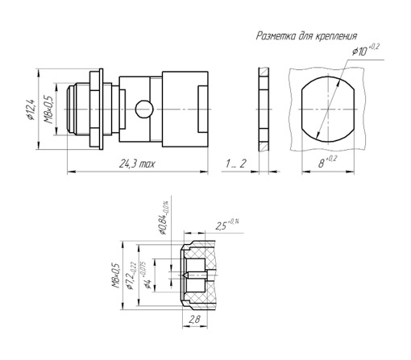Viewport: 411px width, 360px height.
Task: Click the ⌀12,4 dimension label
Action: click(x=31, y=110)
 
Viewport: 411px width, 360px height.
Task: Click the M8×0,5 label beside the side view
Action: click(x=49, y=110)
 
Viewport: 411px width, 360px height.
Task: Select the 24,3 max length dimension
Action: click(x=137, y=163)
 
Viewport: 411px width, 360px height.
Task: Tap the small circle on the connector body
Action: click(x=144, y=109)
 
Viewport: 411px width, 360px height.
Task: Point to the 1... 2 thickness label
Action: click(x=235, y=163)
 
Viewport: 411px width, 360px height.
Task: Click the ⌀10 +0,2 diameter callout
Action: click(x=366, y=50)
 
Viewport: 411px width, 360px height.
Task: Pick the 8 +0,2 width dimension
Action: click(x=327, y=162)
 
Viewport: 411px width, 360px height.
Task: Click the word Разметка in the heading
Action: click(x=276, y=35)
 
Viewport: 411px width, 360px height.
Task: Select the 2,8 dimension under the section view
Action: click(x=195, y=320)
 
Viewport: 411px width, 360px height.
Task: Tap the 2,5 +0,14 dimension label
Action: click(x=227, y=225)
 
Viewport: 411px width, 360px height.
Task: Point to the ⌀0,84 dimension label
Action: click(x=164, y=217)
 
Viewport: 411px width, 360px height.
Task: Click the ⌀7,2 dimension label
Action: click(x=131, y=275)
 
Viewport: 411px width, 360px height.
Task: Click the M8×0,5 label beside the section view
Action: click(x=116, y=275)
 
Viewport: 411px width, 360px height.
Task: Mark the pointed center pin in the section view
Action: click(x=195, y=275)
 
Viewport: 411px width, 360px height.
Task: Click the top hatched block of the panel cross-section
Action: click(x=264, y=72)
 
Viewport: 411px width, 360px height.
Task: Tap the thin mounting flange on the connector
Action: click(x=101, y=109)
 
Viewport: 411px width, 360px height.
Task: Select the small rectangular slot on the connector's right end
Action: click(x=203, y=109)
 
